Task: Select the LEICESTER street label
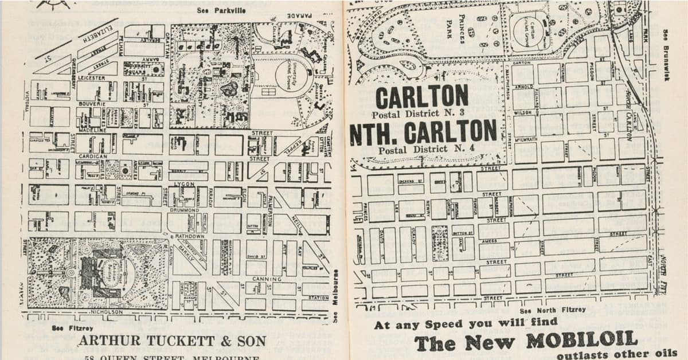click(91, 77)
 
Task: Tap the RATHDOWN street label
click(189, 236)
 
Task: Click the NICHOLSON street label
click(105, 312)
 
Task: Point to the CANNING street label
click(266, 279)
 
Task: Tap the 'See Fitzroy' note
click(64, 328)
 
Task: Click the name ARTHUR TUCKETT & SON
click(172, 341)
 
